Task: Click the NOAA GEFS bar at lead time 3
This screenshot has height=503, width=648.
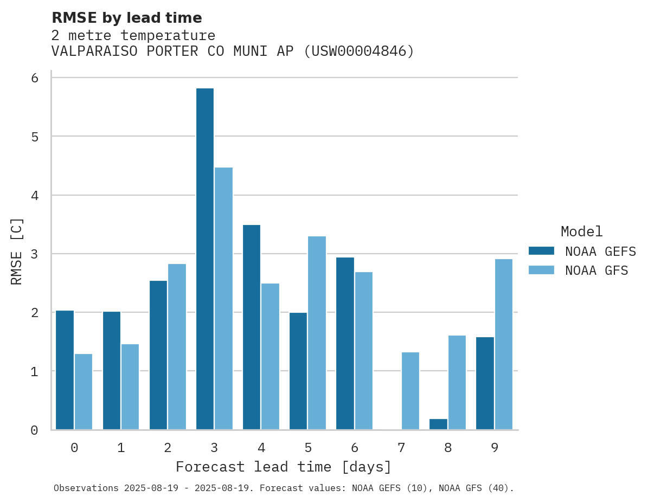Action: (x=205, y=259)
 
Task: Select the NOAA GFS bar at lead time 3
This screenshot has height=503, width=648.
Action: (x=223, y=299)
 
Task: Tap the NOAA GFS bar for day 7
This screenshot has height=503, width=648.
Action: (x=410, y=391)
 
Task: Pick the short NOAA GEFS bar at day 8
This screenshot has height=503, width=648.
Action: (x=438, y=424)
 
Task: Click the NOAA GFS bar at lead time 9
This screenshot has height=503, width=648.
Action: (x=504, y=344)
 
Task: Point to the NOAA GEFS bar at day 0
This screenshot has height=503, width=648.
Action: (x=65, y=370)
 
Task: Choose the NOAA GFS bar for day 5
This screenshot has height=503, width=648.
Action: (x=317, y=333)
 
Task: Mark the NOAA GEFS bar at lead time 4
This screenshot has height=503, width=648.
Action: (x=252, y=327)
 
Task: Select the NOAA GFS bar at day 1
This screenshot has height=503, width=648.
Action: (x=130, y=387)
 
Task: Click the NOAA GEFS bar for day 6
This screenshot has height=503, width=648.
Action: (x=345, y=344)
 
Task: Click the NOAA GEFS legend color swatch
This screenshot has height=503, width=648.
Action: (x=541, y=251)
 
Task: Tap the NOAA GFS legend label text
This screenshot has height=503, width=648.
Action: (x=596, y=270)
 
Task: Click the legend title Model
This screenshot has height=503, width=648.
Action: (x=581, y=231)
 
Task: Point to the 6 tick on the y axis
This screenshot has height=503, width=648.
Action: (x=35, y=78)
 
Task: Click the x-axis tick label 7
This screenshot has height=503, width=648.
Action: (x=401, y=448)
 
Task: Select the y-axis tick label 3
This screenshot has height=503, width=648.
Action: (x=35, y=254)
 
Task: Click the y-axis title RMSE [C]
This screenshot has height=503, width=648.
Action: (x=17, y=251)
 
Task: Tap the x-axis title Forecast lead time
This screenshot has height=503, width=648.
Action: (x=284, y=467)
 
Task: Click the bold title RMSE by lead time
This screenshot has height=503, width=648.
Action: (x=127, y=18)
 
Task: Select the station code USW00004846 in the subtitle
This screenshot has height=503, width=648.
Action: (x=358, y=51)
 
